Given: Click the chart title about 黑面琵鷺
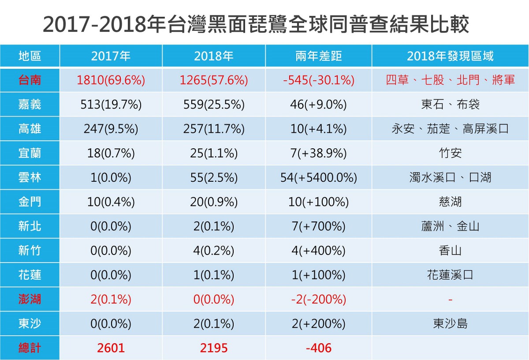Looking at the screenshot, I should click(x=256, y=24).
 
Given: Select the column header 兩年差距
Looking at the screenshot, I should click(x=318, y=56).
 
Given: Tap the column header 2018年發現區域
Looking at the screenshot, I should click(x=450, y=56).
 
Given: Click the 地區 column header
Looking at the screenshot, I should click(x=30, y=56).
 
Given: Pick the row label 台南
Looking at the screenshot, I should click(x=30, y=80).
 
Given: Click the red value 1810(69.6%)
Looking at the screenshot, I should click(x=111, y=80).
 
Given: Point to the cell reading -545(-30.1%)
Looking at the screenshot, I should click(x=318, y=80).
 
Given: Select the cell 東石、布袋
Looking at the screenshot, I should click(x=450, y=105).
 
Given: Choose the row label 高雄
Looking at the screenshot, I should click(x=30, y=129).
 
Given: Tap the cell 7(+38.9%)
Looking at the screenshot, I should click(x=318, y=154).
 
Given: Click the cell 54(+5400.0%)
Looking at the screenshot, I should click(x=318, y=178).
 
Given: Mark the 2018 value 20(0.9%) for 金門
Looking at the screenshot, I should click(x=214, y=202).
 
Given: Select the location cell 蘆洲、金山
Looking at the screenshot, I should click(x=450, y=226).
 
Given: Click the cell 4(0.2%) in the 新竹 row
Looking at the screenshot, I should click(x=214, y=251).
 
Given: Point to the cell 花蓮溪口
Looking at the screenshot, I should click(x=450, y=275).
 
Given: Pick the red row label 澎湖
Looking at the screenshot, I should click(x=30, y=299).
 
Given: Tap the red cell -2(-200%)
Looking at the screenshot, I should click(x=318, y=299).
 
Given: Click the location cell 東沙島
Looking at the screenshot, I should click(x=450, y=323).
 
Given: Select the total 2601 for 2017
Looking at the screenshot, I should click(x=111, y=348).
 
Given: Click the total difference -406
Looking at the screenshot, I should click(x=318, y=348).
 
